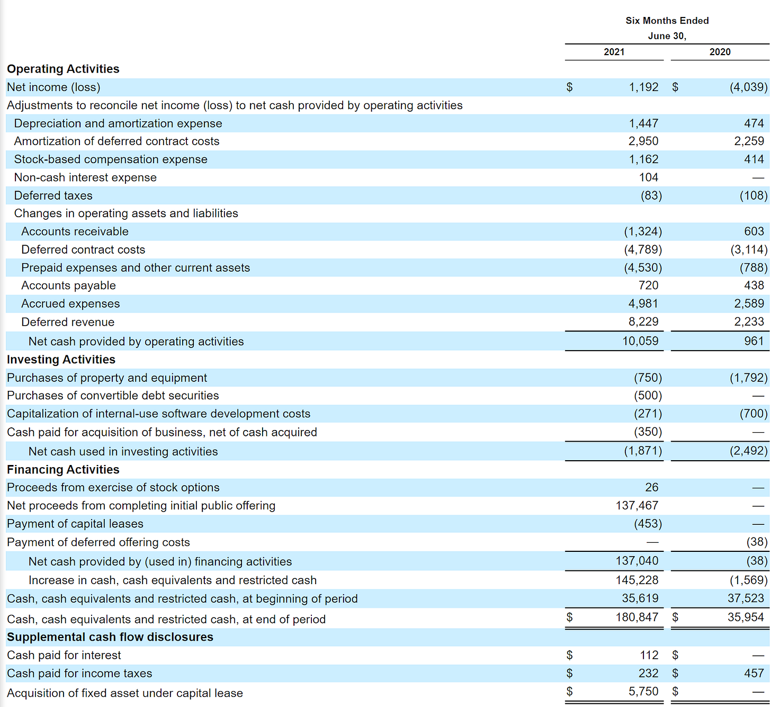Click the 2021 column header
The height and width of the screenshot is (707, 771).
(613, 52)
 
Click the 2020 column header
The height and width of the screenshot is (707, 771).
(720, 52)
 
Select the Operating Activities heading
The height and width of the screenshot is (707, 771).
(63, 69)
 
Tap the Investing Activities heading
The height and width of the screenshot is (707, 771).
(61, 360)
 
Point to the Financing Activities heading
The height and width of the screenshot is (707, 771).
(63, 469)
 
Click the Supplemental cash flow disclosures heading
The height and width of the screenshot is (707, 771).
(110, 637)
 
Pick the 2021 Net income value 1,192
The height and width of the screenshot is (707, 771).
(643, 87)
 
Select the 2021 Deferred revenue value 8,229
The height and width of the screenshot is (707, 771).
(643, 321)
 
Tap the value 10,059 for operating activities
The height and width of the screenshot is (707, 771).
(640, 341)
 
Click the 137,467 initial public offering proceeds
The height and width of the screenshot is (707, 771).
(636, 506)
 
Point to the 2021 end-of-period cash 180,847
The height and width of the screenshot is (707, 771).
(636, 617)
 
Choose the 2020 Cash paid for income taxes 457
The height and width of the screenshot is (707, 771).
(754, 673)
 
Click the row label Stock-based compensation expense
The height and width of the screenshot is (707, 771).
(111, 159)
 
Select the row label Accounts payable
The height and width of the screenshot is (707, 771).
(68, 285)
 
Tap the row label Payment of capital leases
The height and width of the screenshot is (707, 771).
(75, 524)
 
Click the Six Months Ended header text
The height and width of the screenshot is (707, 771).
(667, 21)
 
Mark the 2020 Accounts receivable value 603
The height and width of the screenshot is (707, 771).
(754, 231)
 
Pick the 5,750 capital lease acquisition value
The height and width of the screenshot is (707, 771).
(643, 692)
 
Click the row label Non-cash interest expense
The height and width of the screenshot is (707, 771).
(85, 177)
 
